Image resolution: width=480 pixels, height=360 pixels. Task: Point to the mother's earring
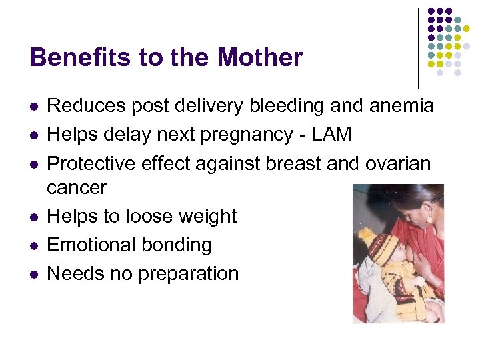429,218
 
